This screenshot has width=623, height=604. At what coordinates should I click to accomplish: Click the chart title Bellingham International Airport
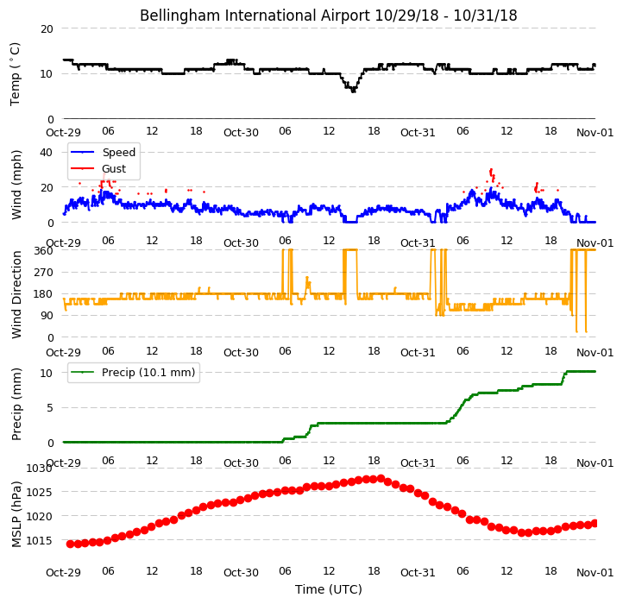pos(255,16)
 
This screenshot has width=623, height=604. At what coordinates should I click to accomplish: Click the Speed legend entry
pos(103,152)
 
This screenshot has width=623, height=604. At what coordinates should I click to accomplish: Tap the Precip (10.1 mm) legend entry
pos(133,373)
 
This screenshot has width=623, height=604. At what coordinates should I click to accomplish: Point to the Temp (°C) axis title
pos(15,74)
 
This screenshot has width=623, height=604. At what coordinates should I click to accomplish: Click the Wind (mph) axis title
pos(16,185)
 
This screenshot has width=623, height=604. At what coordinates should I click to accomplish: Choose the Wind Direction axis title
pos(16,294)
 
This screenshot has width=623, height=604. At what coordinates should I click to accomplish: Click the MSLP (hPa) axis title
pos(16,514)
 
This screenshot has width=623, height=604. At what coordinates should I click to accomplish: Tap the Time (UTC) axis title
pos(329,589)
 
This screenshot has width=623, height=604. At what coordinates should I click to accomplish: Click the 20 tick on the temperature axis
pos(47,29)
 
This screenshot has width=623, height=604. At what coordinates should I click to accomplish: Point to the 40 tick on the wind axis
pos(46,152)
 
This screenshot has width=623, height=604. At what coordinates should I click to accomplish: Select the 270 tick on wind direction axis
pos(44,273)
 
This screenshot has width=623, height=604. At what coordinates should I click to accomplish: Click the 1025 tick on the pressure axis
pos(40,493)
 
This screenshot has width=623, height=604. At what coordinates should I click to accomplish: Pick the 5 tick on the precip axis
pos(50,407)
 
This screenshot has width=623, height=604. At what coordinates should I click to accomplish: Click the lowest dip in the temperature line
pos(353,91)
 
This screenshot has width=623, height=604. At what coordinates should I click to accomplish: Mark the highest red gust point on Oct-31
pos(491,170)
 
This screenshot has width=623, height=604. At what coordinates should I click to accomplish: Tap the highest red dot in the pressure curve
pos(381,478)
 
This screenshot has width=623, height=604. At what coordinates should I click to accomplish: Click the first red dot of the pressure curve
pos(70,544)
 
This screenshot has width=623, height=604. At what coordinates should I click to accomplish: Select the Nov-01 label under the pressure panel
pos(595,573)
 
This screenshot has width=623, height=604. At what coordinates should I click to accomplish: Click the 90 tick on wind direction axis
pos(47,316)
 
